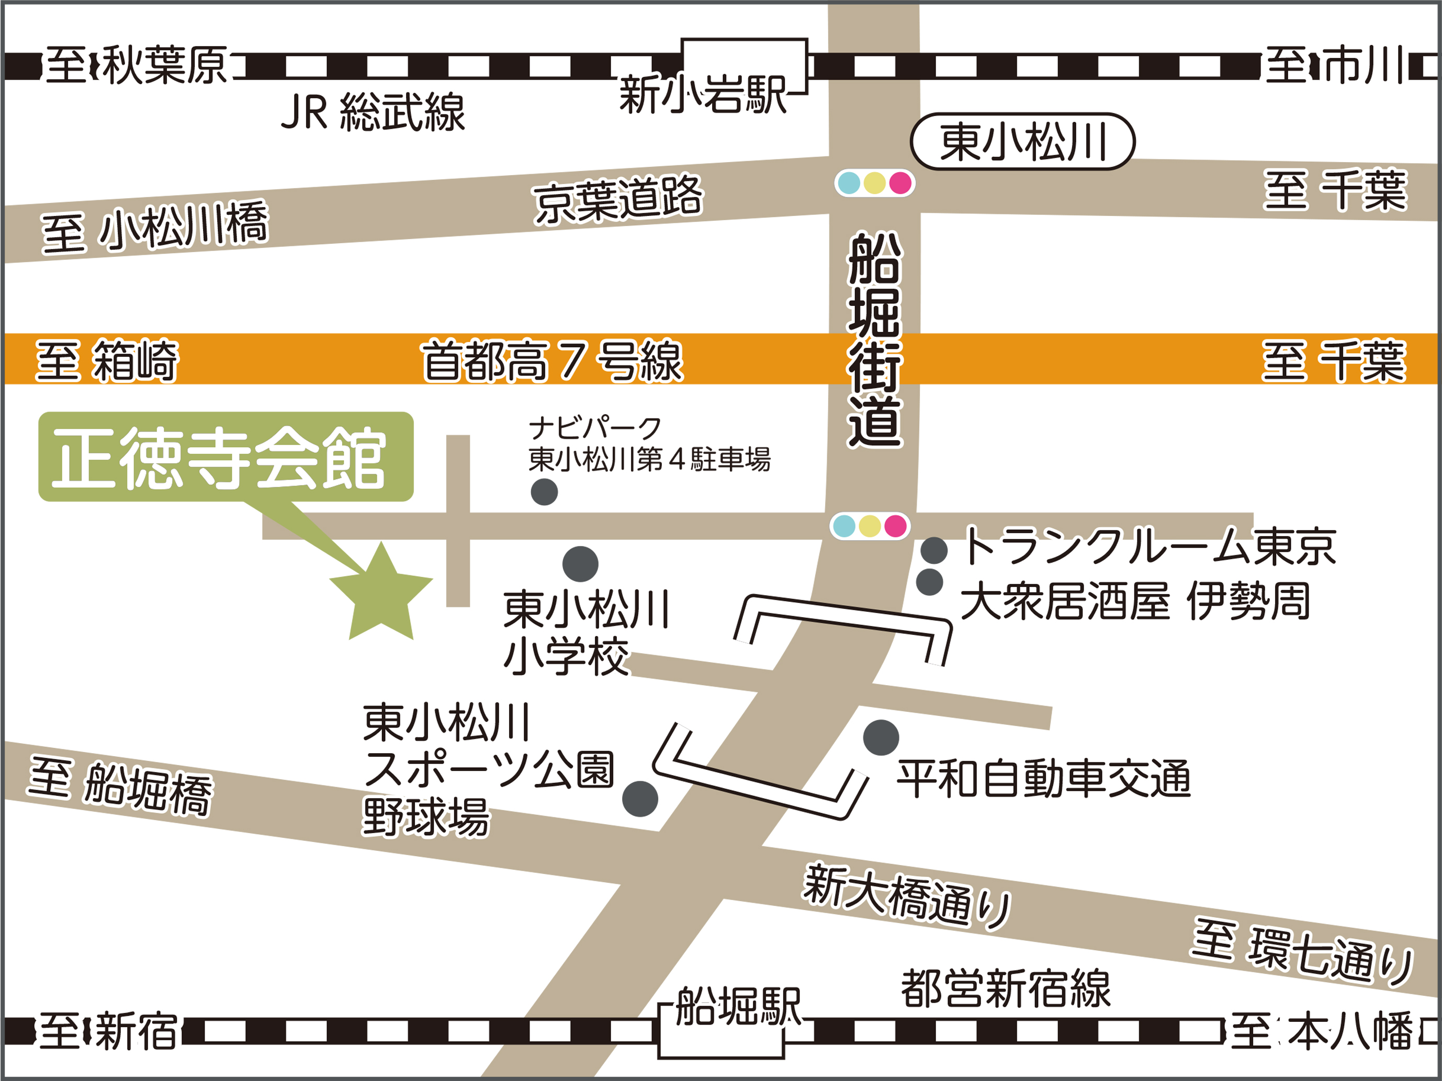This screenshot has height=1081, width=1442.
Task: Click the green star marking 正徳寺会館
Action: (381, 596)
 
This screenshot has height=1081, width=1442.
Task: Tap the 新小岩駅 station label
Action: (703, 95)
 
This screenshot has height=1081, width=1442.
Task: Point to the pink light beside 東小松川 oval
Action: (900, 183)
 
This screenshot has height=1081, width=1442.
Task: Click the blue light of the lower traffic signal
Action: (844, 526)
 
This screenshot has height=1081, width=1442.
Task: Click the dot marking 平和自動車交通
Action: (881, 737)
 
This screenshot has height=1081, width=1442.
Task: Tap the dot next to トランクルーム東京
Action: (933, 551)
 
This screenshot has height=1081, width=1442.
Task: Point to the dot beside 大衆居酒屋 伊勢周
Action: (930, 582)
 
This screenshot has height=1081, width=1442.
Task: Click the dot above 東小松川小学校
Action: (580, 564)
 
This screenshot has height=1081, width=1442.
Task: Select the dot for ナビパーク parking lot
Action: (544, 492)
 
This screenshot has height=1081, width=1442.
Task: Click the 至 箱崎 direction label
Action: (106, 360)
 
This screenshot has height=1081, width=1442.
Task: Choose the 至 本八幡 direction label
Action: (1321, 1031)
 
